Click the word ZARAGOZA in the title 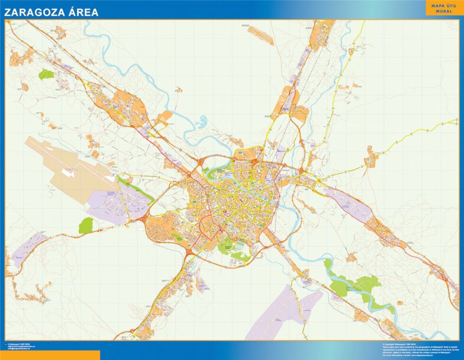34,12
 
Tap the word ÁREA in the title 83,12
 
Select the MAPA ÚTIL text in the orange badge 444,5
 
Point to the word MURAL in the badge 444,11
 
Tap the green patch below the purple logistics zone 86,226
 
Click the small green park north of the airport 46,74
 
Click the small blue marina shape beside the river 201,121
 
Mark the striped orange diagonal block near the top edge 261,36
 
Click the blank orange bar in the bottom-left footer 50,355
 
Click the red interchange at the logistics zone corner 142,220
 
